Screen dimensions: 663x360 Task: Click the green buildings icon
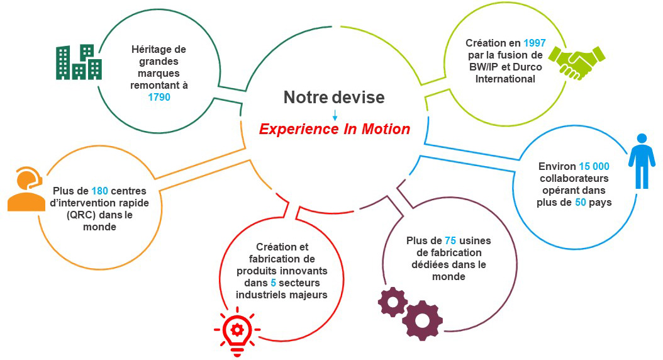click(x=79, y=62)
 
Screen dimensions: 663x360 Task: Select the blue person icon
click(x=642, y=161)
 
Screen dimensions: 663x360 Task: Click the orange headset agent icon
click(x=26, y=189)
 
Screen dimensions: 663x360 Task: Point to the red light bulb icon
click(x=237, y=331)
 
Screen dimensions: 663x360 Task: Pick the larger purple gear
click(x=422, y=320)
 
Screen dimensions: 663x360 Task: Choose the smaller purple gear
click(x=393, y=302)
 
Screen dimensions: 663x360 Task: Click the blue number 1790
click(x=159, y=98)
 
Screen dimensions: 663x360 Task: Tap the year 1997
click(x=535, y=43)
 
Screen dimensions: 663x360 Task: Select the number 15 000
click(x=594, y=166)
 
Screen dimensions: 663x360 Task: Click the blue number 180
click(x=100, y=191)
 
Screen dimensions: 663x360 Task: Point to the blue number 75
click(x=450, y=240)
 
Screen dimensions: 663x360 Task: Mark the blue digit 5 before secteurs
click(x=273, y=283)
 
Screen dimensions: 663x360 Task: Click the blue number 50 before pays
click(x=581, y=202)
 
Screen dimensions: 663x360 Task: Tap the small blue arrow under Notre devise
click(x=335, y=115)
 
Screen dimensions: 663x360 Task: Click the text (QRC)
click(x=81, y=215)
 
